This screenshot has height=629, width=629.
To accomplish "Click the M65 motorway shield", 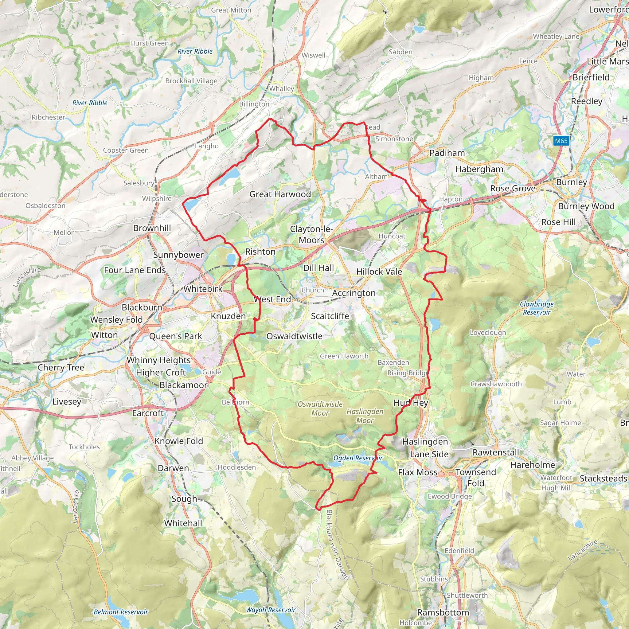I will point(561,141).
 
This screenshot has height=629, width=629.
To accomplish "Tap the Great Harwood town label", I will point(280,194).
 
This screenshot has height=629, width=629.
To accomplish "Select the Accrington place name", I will point(354,293).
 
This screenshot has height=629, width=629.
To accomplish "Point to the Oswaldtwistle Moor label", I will point(320,408).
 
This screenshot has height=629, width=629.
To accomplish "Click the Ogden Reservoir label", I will point(358,458).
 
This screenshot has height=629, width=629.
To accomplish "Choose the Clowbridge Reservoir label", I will point(537,308).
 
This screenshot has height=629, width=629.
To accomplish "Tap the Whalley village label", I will point(281,88).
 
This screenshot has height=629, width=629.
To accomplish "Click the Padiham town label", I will point(447,153).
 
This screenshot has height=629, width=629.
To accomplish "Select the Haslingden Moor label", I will point(365,416).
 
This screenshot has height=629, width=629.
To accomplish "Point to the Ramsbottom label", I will point(443,612).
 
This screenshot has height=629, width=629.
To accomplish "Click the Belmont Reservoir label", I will point(121,612).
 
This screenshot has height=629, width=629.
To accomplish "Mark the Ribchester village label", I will point(48,117).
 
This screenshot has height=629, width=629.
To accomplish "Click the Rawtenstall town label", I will point(495,452).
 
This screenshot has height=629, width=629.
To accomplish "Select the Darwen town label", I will point(173,468).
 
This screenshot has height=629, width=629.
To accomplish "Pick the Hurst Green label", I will point(150,43).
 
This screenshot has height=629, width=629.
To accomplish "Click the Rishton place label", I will point(260,252).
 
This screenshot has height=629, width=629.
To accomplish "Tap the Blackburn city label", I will point(142,307).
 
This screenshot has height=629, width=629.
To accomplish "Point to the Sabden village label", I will point(400,52).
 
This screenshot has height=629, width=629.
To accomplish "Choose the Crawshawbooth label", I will point(496,384).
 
